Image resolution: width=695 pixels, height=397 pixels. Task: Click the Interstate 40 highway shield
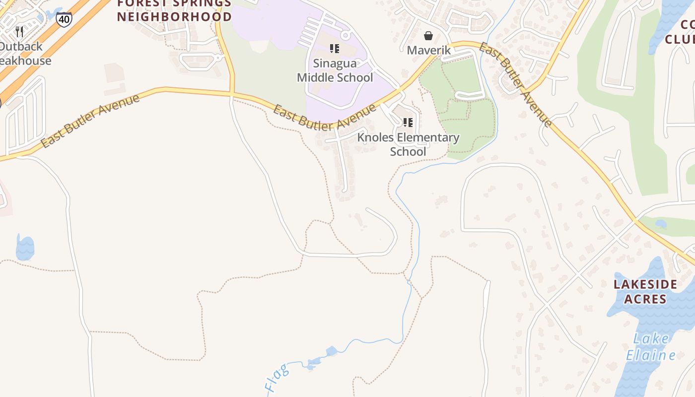coord(64,20)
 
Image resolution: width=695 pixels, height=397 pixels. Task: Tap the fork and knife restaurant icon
coord(19,32)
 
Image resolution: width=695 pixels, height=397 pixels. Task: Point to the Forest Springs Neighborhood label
coord(174,10)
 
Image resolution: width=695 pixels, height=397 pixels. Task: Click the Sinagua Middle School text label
coord(335,70)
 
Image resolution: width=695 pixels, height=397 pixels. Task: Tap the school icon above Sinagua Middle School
coord(335,49)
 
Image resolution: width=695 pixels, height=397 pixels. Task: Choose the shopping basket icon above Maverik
coord(428,36)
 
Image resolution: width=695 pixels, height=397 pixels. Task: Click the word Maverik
coord(429,50)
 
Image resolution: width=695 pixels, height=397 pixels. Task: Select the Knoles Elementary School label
coord(408,144)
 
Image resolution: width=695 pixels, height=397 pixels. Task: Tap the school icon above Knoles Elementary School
coord(408,122)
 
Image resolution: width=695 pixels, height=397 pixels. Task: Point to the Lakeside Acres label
coord(645,291)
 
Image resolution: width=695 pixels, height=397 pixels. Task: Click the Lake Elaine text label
coord(651,347)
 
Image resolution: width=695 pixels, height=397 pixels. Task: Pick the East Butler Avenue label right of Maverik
coord(516,84)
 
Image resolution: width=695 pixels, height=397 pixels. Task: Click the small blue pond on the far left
coord(25,247)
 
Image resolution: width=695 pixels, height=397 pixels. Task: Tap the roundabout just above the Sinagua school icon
coord(346,35)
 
